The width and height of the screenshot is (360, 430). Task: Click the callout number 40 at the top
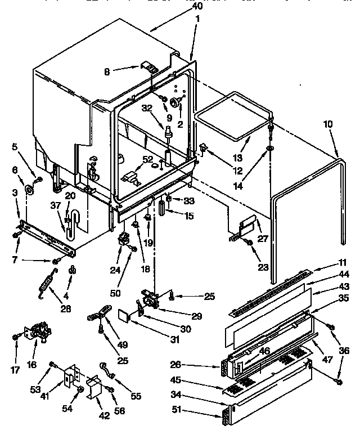pyautogui.click(x=197, y=6)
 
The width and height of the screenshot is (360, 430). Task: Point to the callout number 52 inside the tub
pyautogui.click(x=147, y=160)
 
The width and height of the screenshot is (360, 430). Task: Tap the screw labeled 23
pyautogui.click(x=248, y=241)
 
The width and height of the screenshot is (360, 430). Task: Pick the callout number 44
pyautogui.click(x=345, y=274)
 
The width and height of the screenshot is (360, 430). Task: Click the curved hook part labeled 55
pyautogui.click(x=106, y=372)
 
